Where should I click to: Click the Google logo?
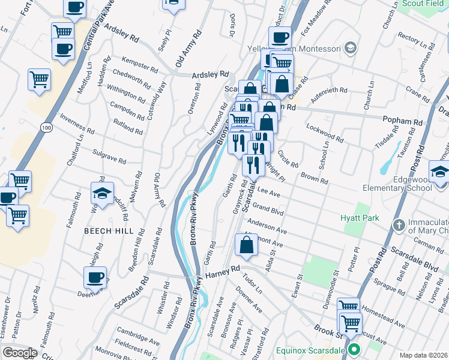click(x=20, y=353)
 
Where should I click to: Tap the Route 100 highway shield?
click(x=46, y=127)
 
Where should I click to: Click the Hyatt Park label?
click(x=360, y=218)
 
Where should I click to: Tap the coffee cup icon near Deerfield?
click(x=95, y=277)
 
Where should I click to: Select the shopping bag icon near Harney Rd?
click(x=246, y=245)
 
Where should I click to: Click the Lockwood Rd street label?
click(x=324, y=133)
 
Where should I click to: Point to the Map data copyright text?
click(x=423, y=355)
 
